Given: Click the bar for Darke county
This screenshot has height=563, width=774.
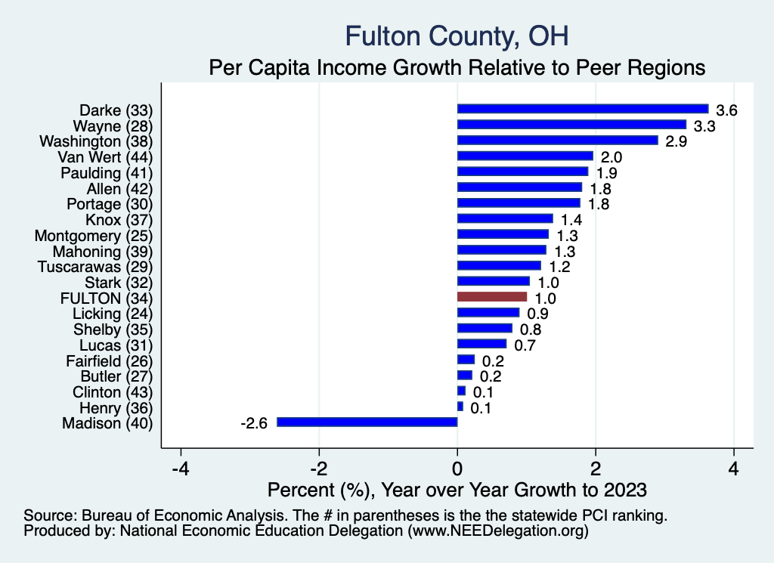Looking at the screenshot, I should click(582, 109).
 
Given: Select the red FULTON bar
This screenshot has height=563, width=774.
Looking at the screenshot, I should click(492, 297).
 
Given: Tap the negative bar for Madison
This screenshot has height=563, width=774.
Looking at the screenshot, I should click(367, 422).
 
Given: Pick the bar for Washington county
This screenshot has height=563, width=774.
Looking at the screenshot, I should click(557, 141).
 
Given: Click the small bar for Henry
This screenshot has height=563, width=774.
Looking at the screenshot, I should click(460, 407).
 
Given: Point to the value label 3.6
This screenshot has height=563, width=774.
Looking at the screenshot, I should click(726, 110).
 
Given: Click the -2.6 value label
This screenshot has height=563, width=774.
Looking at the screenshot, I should click(254, 423).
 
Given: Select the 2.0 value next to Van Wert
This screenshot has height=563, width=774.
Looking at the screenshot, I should click(611, 157).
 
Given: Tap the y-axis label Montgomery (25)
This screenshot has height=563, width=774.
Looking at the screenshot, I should click(94, 235).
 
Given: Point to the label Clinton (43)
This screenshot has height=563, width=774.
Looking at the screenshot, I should click(113, 391).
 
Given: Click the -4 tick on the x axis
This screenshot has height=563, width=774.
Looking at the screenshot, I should click(181, 468).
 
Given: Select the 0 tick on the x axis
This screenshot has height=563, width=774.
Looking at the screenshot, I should click(457, 468).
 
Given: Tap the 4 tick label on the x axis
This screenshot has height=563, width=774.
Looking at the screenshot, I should click(733, 468).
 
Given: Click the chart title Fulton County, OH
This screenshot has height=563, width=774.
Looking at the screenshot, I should click(457, 36).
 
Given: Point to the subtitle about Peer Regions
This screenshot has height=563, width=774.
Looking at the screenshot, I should click(457, 67).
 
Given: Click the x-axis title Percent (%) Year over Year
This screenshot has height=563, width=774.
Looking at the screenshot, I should click(457, 490).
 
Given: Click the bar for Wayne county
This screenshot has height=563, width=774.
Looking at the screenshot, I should click(571, 125).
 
